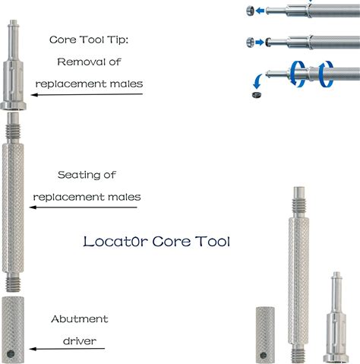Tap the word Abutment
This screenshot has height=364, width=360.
tap(80, 319)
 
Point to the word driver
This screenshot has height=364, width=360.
tap(80, 341)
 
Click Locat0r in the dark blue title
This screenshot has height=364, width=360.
tap(115, 241)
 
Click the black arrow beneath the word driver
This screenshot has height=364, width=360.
tap(67, 349)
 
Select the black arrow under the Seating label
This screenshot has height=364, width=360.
tap(84, 207)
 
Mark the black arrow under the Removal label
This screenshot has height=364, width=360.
tap(87, 94)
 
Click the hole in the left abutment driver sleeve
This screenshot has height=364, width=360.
tap(11, 354)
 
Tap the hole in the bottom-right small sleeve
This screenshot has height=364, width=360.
tap(264, 356)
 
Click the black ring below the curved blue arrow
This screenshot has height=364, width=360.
tap(257, 95)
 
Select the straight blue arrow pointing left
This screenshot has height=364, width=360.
tap(260, 11)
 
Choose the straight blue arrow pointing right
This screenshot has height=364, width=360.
tap(260, 42)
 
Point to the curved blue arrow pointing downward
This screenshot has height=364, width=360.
tap(257, 81)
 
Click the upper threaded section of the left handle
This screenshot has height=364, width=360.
tap(13, 131)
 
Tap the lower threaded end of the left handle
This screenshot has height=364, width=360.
tap(13, 284)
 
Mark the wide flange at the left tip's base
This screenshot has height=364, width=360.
tap(13, 106)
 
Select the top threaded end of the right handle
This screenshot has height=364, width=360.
tap(299, 205)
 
